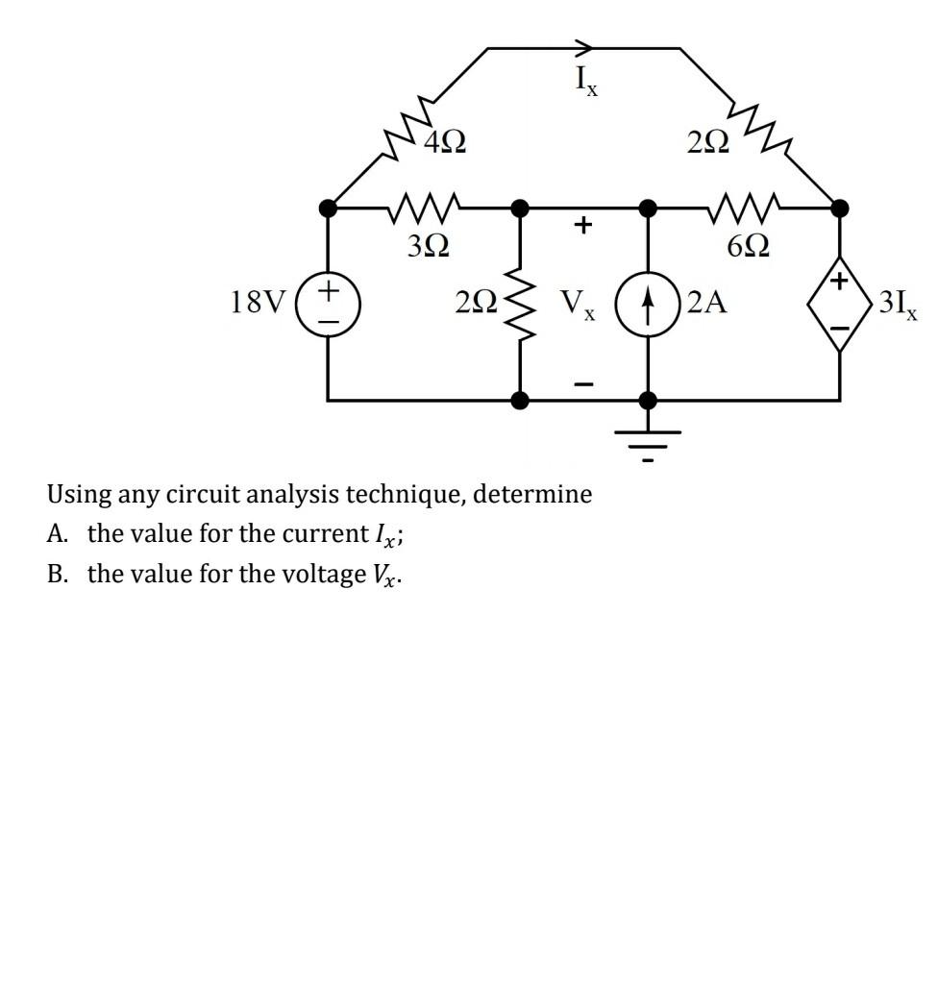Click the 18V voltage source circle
(329, 303)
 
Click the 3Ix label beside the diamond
(900, 305)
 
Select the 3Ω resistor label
(427, 247)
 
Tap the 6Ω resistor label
(748, 247)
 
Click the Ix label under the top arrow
(586, 82)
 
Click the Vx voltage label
(579, 305)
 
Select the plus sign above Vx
(580, 226)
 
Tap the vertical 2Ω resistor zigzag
(520, 303)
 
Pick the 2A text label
(708, 304)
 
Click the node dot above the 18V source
(329, 207)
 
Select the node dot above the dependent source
(840, 207)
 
